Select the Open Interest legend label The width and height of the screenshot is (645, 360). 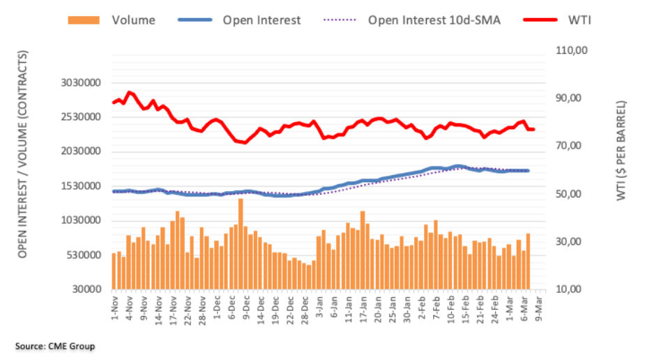pyautogui.click(x=261, y=20)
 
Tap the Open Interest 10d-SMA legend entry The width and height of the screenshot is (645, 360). pyautogui.click(x=432, y=20)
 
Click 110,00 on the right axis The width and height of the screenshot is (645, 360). pyautogui.click(x=571, y=51)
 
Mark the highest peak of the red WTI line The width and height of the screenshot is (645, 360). pyautogui.click(x=128, y=92)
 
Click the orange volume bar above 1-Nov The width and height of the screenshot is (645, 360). pyautogui.click(x=114, y=271)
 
